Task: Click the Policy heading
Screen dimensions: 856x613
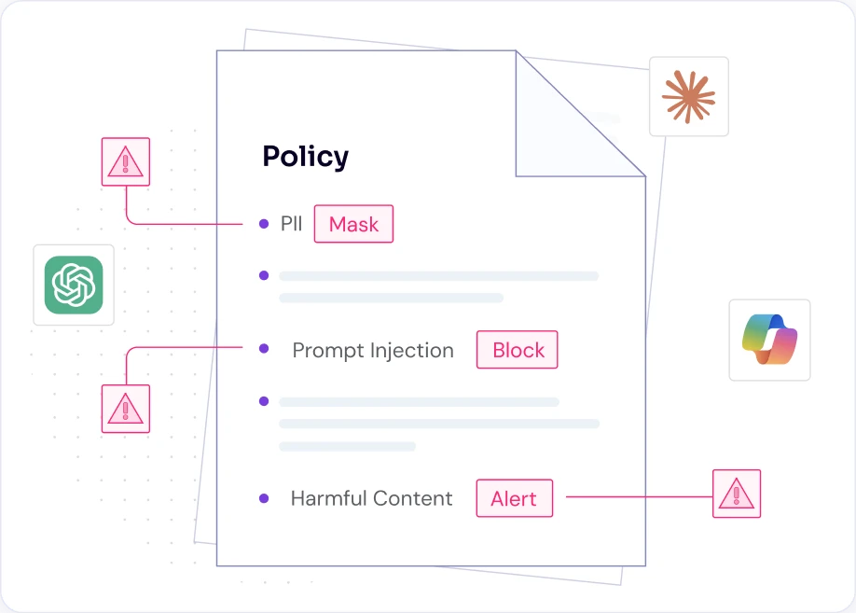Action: point(305,158)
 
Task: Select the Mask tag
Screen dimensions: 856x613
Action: point(353,224)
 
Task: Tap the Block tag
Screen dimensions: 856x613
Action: point(517,350)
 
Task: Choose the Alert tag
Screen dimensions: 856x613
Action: point(515,498)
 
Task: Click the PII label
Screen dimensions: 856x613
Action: point(291,224)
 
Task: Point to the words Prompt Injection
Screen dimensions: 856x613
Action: point(373,351)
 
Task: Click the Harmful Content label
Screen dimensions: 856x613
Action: point(371,498)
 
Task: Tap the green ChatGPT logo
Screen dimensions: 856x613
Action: point(74,286)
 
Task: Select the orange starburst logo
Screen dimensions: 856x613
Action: point(688,97)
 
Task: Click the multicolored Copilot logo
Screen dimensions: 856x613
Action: point(769,340)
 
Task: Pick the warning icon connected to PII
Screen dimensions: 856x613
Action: point(126,161)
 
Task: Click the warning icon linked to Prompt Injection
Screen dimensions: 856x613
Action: point(126,409)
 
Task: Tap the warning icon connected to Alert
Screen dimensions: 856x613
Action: point(737,494)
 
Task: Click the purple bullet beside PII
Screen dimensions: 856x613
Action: point(264,224)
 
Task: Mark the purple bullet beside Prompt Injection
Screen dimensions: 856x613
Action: point(264,349)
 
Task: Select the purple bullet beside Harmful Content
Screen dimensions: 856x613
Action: point(264,498)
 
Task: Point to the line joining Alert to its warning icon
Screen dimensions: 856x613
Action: point(640,496)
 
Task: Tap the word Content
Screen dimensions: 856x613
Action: point(413,498)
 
